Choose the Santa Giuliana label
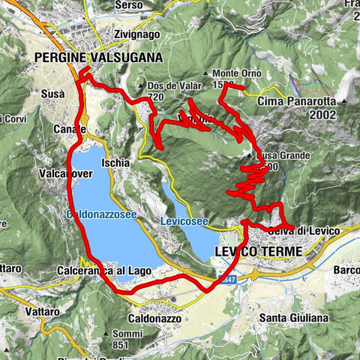[x=293, y=318]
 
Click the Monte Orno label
[x=232, y=73]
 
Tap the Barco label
[x=347, y=271]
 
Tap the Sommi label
[x=131, y=334]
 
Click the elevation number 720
[x=156, y=97]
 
